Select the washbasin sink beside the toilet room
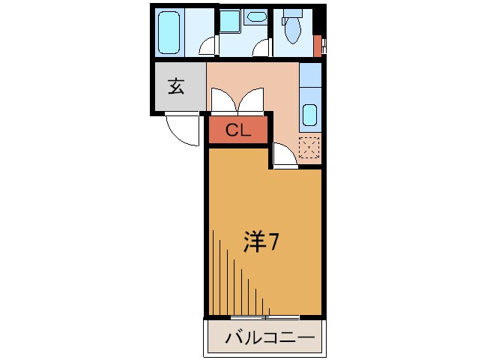click(256, 16)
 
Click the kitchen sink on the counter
click(310, 115)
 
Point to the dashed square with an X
click(309, 148)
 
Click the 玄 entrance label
click(177, 86)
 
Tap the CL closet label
click(238, 130)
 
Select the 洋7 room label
click(261, 242)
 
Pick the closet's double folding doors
click(238, 100)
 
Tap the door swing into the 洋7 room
click(283, 155)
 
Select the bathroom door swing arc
click(208, 49)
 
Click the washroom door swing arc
click(261, 49)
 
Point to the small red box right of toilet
click(317, 45)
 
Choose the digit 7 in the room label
click(274, 242)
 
